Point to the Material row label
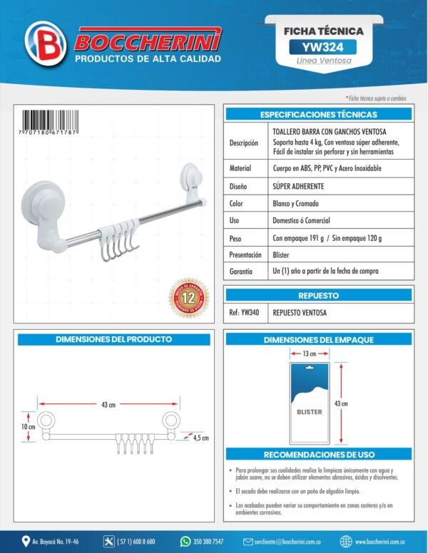(x=240, y=168)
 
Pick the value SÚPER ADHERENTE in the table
(x=298, y=186)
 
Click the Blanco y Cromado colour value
(x=296, y=203)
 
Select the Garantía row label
(x=244, y=272)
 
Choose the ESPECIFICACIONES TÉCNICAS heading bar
(x=318, y=114)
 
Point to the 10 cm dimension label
(x=27, y=426)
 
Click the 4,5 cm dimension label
(x=200, y=438)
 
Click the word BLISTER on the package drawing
(x=309, y=412)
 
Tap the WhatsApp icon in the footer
(x=185, y=541)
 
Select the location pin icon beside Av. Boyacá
(x=26, y=541)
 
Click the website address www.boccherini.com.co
(x=385, y=542)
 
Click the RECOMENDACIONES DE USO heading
(x=318, y=454)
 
